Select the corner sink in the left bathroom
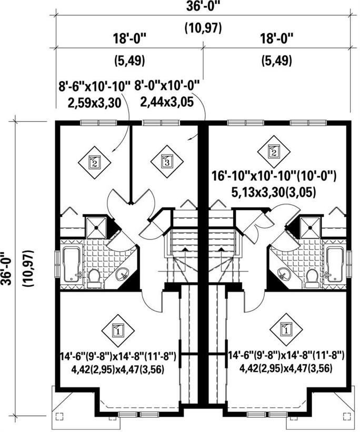click(122, 274)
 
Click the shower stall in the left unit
click(96, 227)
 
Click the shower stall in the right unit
click(310, 227)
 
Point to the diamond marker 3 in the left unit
click(166, 162)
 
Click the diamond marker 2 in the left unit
click(94, 162)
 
